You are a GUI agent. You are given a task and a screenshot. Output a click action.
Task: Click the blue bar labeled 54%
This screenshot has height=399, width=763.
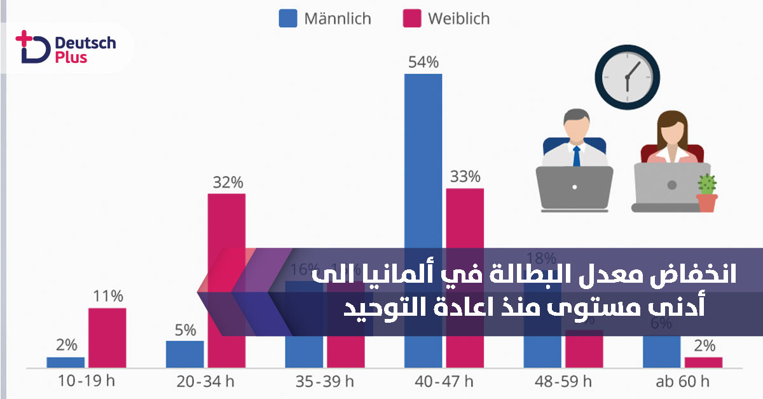[x=423, y=159]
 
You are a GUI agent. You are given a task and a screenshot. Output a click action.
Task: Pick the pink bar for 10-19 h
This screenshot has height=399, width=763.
[x=107, y=337]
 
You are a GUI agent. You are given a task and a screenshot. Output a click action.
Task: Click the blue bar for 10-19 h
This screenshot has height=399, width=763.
[x=65, y=362]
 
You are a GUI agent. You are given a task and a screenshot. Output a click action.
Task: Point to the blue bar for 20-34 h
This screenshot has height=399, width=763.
[x=185, y=354]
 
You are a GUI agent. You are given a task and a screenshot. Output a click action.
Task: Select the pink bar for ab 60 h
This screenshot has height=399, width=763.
[x=703, y=362]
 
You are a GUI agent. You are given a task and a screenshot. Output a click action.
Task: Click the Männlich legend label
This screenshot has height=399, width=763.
[x=337, y=18]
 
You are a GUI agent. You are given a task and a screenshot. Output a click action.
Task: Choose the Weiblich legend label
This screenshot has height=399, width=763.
[x=458, y=18]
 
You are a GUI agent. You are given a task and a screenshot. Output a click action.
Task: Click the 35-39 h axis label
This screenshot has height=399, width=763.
[x=324, y=382]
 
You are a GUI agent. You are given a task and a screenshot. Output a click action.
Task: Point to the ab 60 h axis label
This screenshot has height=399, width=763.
[x=682, y=382]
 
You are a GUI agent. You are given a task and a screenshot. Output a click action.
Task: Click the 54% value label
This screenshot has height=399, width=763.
[x=423, y=62]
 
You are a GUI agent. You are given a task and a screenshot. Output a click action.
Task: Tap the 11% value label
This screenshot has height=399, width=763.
[x=107, y=297]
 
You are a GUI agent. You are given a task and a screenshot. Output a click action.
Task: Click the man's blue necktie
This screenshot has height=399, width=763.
[x=576, y=156]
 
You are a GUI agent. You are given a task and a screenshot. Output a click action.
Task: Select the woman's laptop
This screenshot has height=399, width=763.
[x=671, y=187]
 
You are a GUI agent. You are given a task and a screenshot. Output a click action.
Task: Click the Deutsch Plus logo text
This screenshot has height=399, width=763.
[x=85, y=50]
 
